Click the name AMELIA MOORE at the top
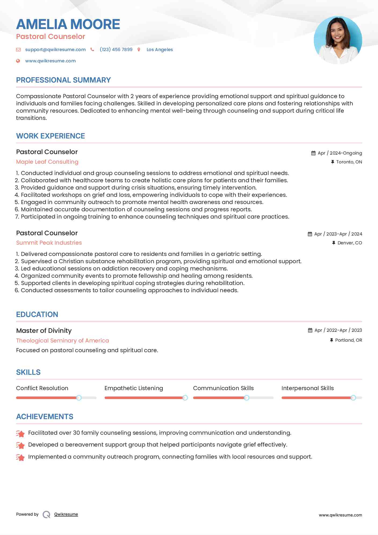click(x=68, y=24)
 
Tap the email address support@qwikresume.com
click(x=55, y=49)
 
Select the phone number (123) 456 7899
click(x=116, y=49)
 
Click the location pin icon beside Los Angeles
click(x=139, y=49)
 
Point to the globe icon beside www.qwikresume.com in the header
click(x=18, y=61)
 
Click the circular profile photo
click(x=338, y=40)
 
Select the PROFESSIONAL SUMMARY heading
click(x=63, y=80)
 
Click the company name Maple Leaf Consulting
click(x=47, y=162)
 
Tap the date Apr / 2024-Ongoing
click(x=340, y=153)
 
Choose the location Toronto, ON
click(x=349, y=162)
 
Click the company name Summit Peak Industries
click(x=49, y=243)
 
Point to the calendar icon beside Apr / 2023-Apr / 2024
click(x=310, y=234)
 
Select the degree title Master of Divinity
click(x=44, y=331)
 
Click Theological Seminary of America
click(x=63, y=341)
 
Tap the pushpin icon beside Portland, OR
click(x=332, y=340)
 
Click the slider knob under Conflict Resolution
click(x=79, y=398)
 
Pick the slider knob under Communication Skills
click(x=246, y=398)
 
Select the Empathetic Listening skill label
click(x=134, y=388)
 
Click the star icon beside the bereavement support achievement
click(x=20, y=445)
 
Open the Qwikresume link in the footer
click(x=66, y=514)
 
